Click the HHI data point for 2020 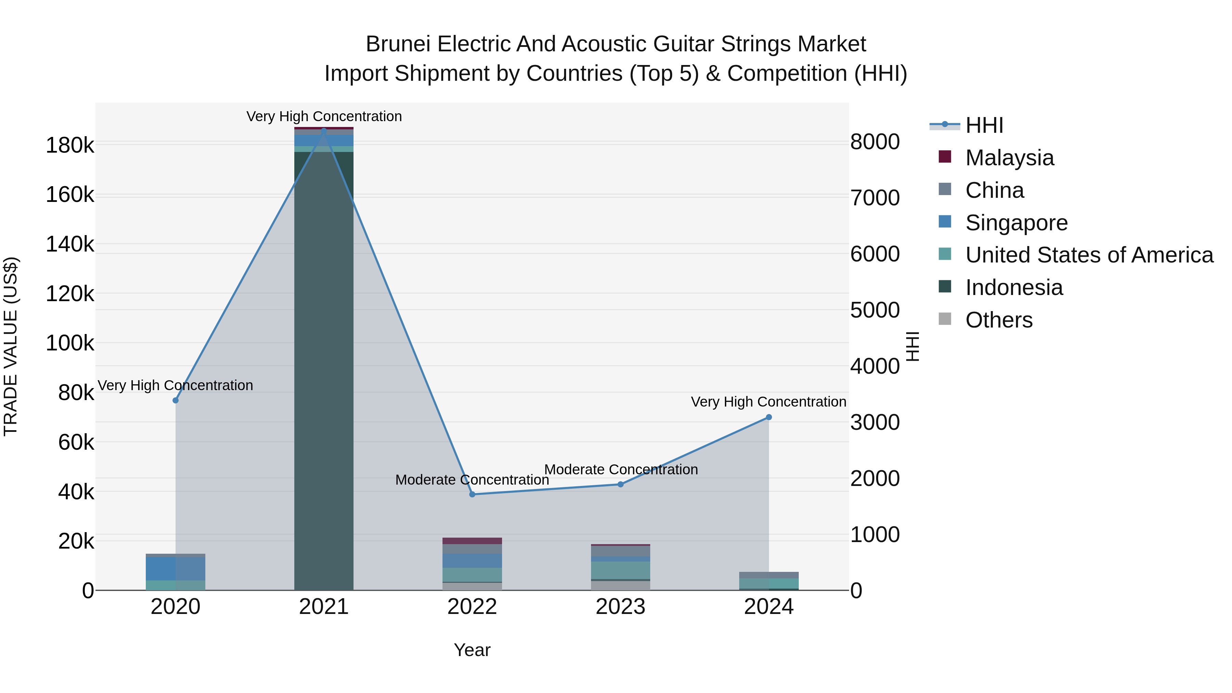pos(176,400)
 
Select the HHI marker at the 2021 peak pos(324,130)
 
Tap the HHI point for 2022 pos(472,494)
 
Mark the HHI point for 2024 pos(769,417)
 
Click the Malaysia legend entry pos(1009,158)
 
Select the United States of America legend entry pos(1089,255)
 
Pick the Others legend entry pos(999,320)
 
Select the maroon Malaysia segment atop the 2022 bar pos(472,541)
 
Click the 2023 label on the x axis pos(620,607)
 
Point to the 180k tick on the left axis pos(70,145)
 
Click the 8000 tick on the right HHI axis pos(875,142)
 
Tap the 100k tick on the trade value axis pos(70,343)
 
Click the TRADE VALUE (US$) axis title pos(11,346)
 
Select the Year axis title pos(472,650)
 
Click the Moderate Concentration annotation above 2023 pos(621,470)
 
